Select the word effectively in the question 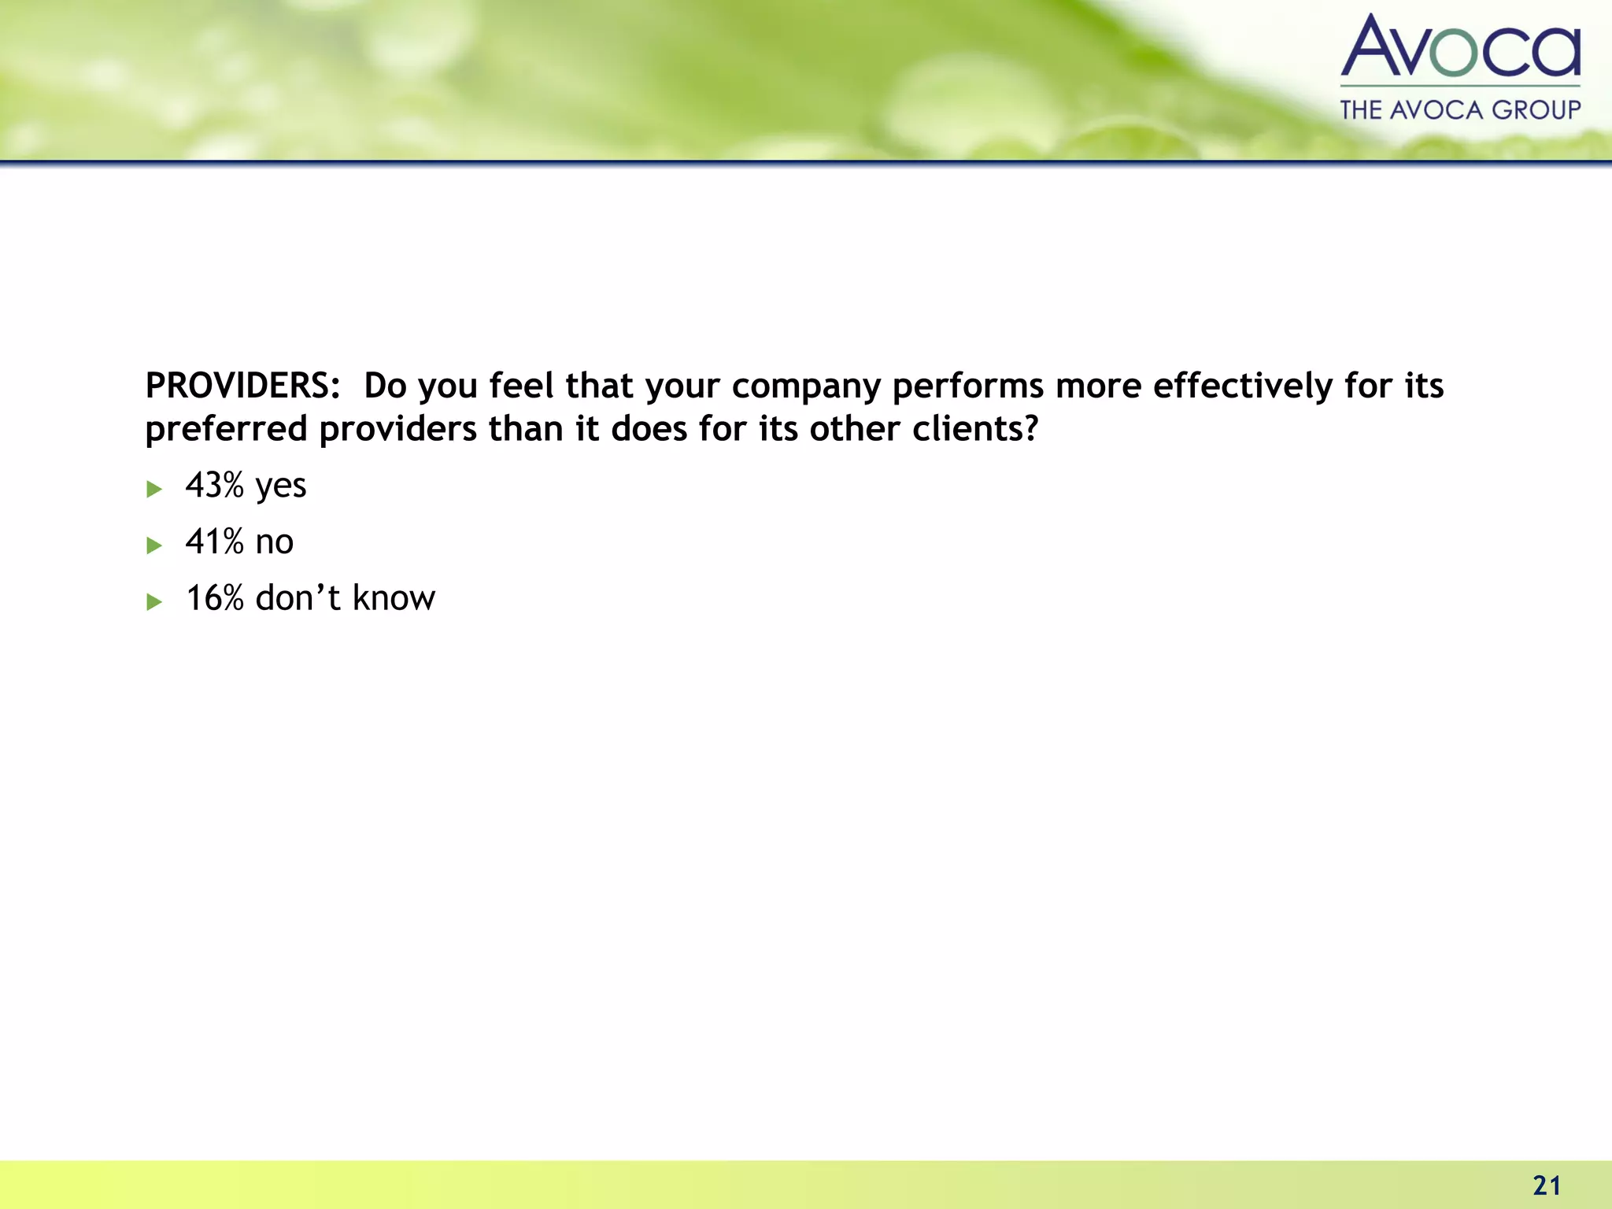1243,386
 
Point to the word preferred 226,430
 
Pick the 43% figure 214,485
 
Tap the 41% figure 214,542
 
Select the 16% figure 214,598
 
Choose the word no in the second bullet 275,543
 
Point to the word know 394,598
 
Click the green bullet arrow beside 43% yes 154,489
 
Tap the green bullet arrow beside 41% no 154,545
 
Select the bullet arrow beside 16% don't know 154,602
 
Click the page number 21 1547,1185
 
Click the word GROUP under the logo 1536,110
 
